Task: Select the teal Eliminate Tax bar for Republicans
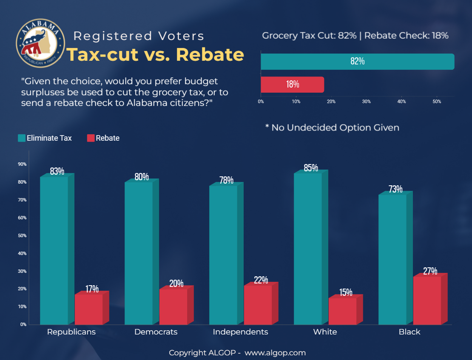pos(54,251)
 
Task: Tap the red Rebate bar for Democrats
pos(173,307)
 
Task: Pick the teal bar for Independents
pos(223,255)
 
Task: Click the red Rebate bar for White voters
pos(342,311)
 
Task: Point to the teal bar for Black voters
pos(392,259)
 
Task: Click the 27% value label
pos(430,271)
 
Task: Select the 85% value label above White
pos(311,168)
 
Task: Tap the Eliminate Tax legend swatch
pos(21,138)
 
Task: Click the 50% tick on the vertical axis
pos(22,235)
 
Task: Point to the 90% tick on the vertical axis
pos(22,164)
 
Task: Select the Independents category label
pos(240,332)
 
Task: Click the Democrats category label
pos(156,332)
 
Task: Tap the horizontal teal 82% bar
pos(357,61)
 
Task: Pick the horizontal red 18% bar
pos(292,84)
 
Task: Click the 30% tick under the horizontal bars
pos(366,102)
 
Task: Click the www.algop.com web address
pos(275,353)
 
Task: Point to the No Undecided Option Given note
pos(332,128)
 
